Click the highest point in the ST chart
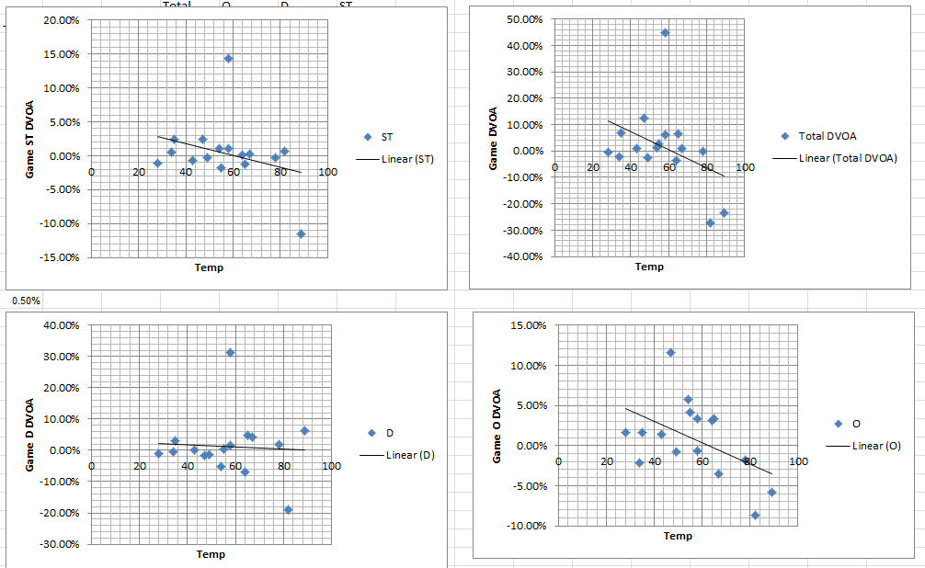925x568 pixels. click(228, 59)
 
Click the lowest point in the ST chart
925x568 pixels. click(301, 233)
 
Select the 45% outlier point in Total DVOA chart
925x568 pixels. click(665, 33)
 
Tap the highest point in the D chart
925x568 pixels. click(230, 353)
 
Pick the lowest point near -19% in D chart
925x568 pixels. click(288, 509)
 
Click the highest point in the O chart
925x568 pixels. click(670, 353)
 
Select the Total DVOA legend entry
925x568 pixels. click(827, 136)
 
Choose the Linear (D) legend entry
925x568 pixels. click(409, 455)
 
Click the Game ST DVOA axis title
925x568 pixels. click(30, 138)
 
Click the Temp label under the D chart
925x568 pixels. click(211, 554)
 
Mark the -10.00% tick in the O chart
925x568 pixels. click(526, 526)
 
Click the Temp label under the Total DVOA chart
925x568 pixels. click(649, 267)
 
